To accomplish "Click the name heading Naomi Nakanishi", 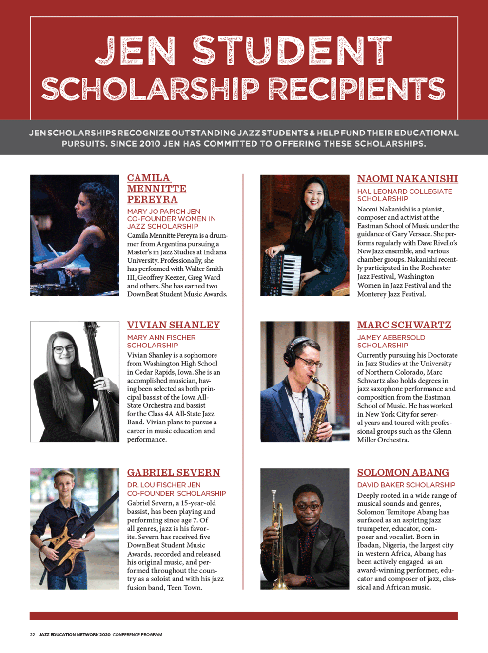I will [x=407, y=179].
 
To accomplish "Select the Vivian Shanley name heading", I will [x=173, y=325].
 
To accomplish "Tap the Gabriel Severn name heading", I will [x=174, y=472].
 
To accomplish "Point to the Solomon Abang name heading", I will [x=403, y=472].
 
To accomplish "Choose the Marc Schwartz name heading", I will [x=404, y=325].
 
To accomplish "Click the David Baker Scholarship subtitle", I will [x=406, y=485].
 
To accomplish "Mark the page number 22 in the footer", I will [x=33, y=634].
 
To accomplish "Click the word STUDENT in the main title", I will [x=292, y=51].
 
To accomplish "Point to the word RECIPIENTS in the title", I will [x=356, y=89].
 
